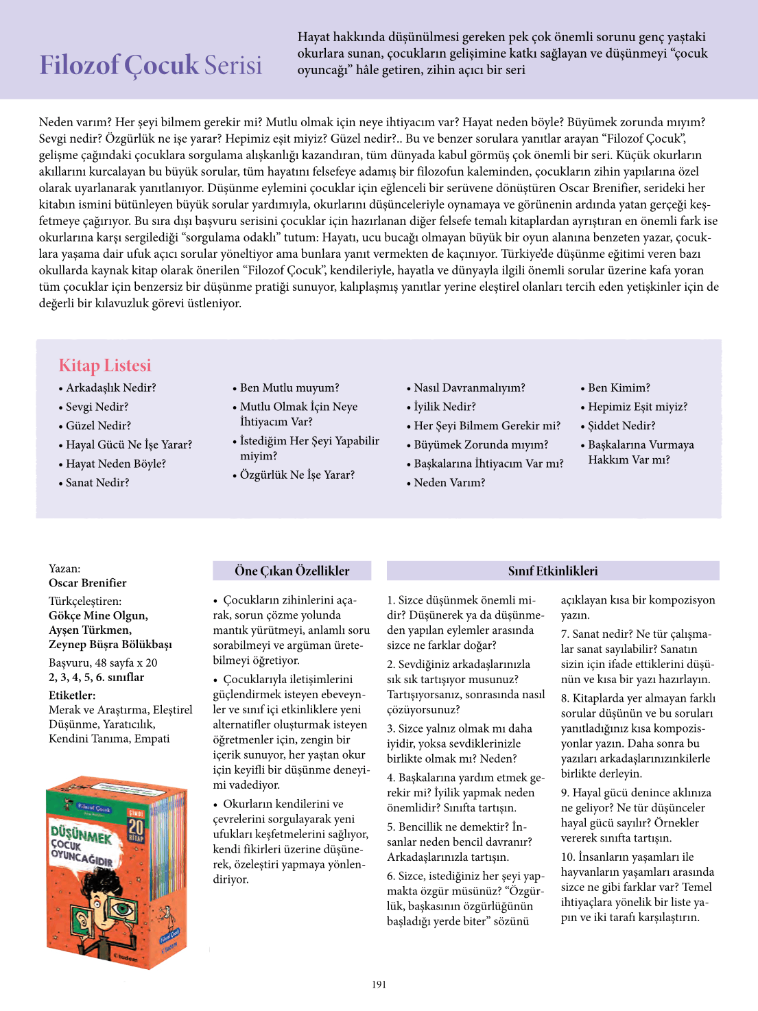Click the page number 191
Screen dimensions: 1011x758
point(379,984)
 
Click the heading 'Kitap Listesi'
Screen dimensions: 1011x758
point(105,365)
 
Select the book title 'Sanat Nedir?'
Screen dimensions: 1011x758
point(97,483)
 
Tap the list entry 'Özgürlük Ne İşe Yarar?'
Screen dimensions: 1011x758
point(297,475)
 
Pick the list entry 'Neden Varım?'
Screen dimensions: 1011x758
point(449,483)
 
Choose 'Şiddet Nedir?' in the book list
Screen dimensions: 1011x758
point(621,426)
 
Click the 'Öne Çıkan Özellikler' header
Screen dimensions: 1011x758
point(292,571)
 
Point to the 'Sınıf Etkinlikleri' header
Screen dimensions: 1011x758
point(553,571)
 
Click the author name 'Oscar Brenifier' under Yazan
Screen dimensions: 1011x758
point(88,583)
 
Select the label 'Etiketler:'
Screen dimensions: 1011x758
point(72,695)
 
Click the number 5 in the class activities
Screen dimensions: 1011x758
point(390,827)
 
